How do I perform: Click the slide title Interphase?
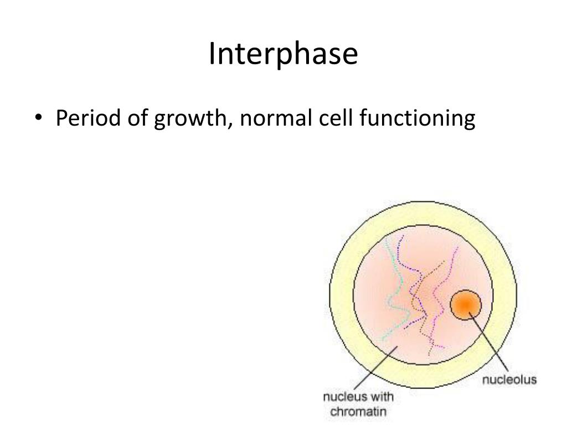click(x=283, y=55)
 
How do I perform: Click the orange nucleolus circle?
click(x=466, y=304)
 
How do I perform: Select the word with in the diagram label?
click(x=383, y=398)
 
